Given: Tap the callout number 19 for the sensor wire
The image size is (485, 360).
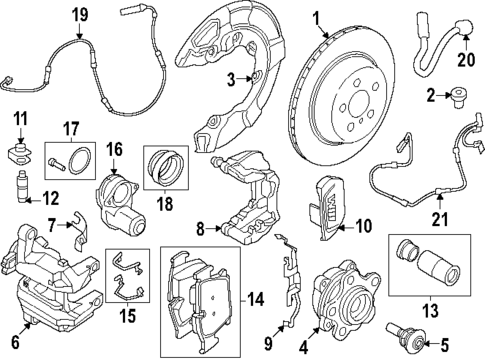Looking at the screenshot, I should coord(80,14).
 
